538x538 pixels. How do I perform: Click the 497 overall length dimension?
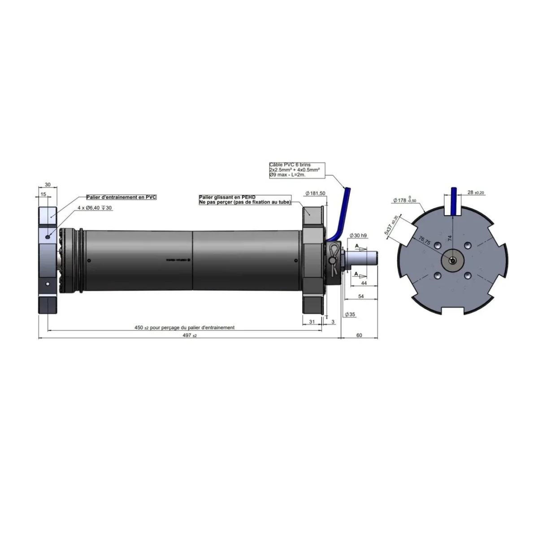(x=190, y=335)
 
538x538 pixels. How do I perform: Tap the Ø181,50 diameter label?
(x=315, y=193)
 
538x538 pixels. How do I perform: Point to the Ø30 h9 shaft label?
(x=358, y=235)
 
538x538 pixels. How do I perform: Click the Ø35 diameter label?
(x=350, y=314)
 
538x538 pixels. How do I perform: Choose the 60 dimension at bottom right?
(x=359, y=335)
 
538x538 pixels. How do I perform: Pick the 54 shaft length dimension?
(x=361, y=296)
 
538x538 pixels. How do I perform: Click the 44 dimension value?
(x=364, y=283)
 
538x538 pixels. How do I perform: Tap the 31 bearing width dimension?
(x=312, y=321)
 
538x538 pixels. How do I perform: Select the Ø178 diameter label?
(x=404, y=200)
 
